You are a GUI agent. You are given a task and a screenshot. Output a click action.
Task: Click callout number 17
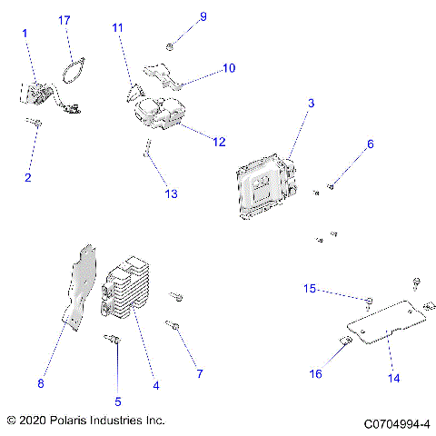[x=64, y=19]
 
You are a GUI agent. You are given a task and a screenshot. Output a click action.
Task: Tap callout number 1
[x=25, y=33]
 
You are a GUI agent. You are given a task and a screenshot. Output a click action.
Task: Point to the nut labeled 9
[x=171, y=45]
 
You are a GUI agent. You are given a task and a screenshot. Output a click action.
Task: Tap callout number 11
[x=117, y=28]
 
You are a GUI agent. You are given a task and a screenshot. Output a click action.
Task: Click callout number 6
[x=370, y=144]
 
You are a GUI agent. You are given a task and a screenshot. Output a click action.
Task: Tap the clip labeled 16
[x=346, y=342]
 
